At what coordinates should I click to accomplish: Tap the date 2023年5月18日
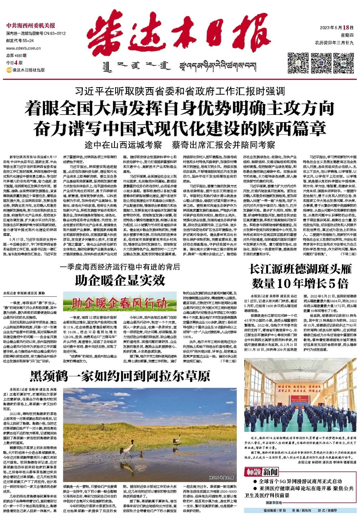tap(334, 28)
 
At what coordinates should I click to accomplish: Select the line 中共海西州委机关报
tap(31, 26)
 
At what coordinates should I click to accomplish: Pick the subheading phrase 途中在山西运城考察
tap(123, 145)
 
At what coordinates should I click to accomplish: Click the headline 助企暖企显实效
tap(120, 279)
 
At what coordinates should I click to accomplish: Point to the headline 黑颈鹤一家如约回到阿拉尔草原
tap(120, 376)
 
